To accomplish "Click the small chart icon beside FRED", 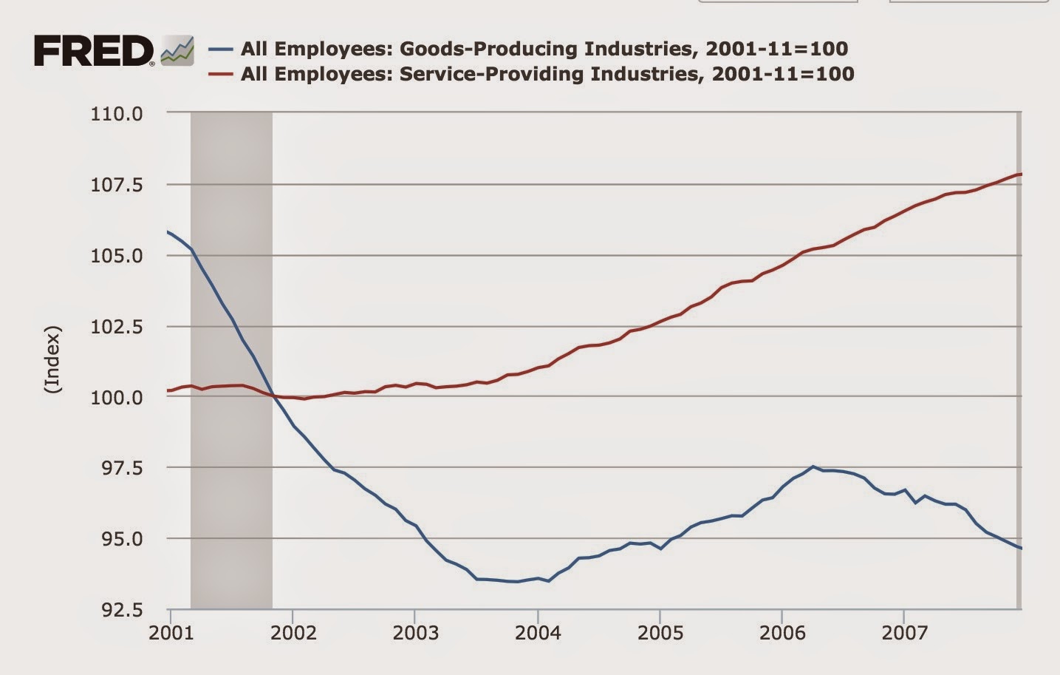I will (177, 51).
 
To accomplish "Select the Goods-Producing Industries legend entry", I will (544, 49).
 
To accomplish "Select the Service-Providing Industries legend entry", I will (547, 73).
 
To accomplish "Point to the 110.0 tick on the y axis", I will (116, 114).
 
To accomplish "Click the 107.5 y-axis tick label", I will (116, 185).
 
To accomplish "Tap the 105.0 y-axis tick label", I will (116, 256).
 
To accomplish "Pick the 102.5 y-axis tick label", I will (116, 327).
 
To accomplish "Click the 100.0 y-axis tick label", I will (116, 398).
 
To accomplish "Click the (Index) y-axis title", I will (52, 359).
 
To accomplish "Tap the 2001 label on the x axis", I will (171, 633).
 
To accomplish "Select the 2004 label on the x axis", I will (538, 633).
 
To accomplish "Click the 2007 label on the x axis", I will (904, 633).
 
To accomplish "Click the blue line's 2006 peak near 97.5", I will (813, 467).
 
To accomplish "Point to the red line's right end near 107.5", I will (1019, 174).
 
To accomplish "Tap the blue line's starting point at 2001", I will (168, 232).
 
